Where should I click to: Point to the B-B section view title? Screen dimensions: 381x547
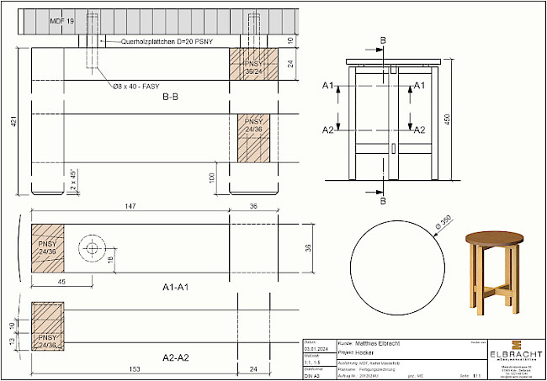coord(170,98)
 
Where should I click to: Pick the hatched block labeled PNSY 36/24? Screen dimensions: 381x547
coord(253,67)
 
